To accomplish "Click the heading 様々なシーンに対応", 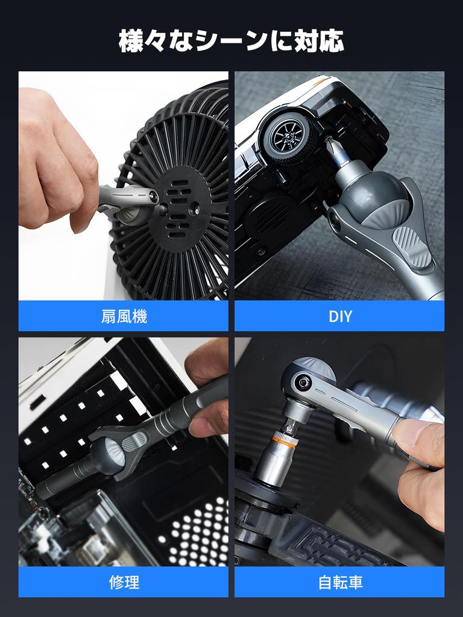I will (x=231, y=41).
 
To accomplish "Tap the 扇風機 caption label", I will (x=124, y=316).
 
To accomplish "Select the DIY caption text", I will (x=339, y=316).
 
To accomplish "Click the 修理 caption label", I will (x=124, y=582).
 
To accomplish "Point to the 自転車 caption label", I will (x=339, y=582).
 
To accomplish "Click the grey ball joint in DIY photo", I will (x=374, y=202).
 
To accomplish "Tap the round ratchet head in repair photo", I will (x=109, y=452).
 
